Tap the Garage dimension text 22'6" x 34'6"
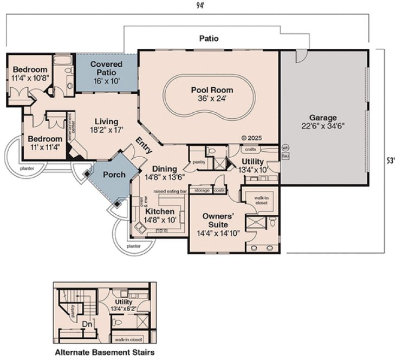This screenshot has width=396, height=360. (323, 126)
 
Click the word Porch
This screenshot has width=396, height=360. (114, 175)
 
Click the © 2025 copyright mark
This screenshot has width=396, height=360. (251, 138)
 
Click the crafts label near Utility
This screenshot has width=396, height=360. (250, 149)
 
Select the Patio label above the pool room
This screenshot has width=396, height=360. (207, 38)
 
